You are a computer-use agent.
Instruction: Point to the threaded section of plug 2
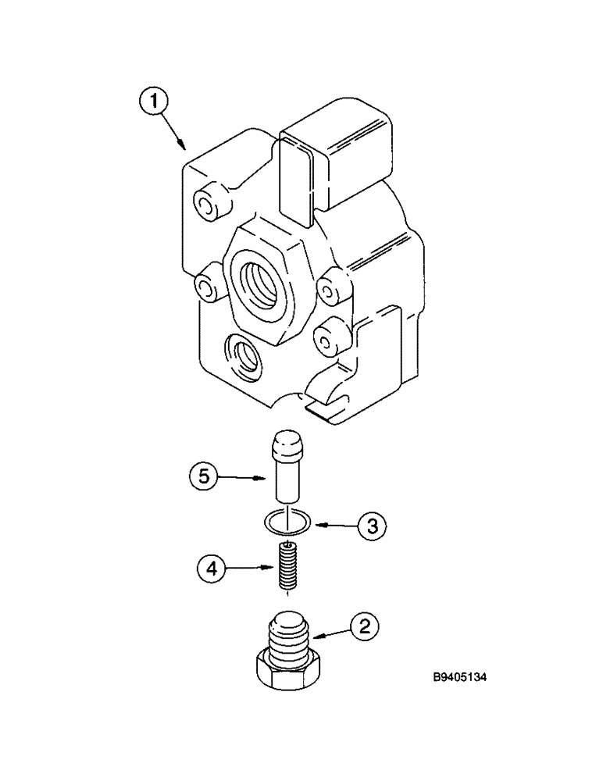point(291,637)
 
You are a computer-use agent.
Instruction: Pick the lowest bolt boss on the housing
point(327,338)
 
